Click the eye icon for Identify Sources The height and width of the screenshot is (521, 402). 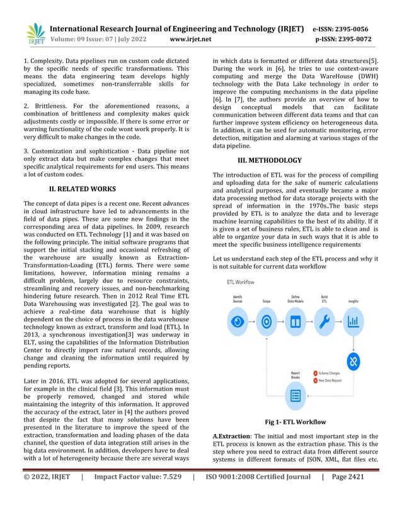pos(238,321)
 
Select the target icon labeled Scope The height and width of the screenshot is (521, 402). pos(267,321)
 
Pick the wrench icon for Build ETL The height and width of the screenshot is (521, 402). pos(324,321)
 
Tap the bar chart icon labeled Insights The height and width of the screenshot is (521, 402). pos(353,321)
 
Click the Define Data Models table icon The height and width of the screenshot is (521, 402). pos(295,321)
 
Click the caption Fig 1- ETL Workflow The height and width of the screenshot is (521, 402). pos(294,421)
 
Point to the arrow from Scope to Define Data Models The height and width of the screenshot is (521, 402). pos(280,321)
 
